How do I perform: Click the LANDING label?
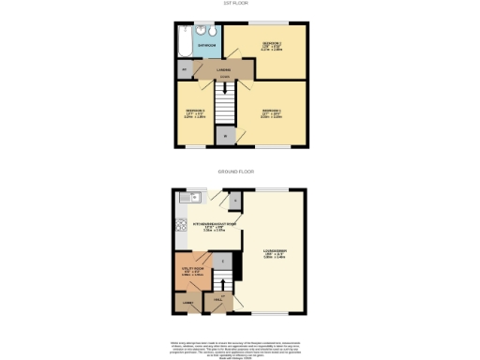click(225, 68)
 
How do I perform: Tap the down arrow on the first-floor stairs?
click(225, 93)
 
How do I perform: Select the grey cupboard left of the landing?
click(184, 69)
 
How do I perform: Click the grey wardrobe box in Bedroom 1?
click(225, 136)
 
